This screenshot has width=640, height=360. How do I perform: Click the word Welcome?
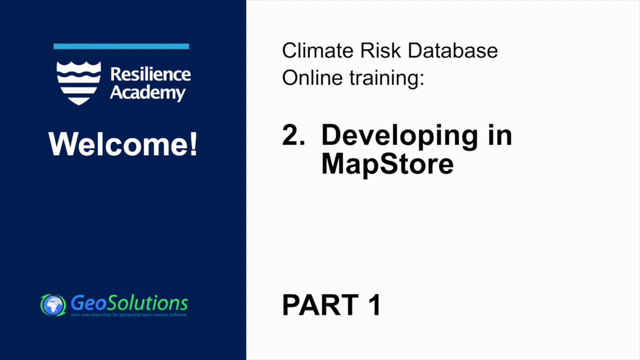(x=122, y=144)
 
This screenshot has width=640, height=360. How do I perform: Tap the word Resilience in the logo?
(x=150, y=74)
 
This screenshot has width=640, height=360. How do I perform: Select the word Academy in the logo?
(x=147, y=92)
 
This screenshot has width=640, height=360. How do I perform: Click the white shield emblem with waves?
(x=79, y=82)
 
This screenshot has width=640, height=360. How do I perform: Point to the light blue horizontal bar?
(x=121, y=46)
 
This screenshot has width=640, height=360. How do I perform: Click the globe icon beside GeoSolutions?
(x=53, y=304)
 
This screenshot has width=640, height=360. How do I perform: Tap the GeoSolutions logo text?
(x=129, y=302)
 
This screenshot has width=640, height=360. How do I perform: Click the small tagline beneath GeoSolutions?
(x=129, y=314)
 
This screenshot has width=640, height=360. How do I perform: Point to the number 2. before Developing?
(x=293, y=135)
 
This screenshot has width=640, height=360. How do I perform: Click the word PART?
(x=320, y=304)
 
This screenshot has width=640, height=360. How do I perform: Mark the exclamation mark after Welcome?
(x=193, y=144)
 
